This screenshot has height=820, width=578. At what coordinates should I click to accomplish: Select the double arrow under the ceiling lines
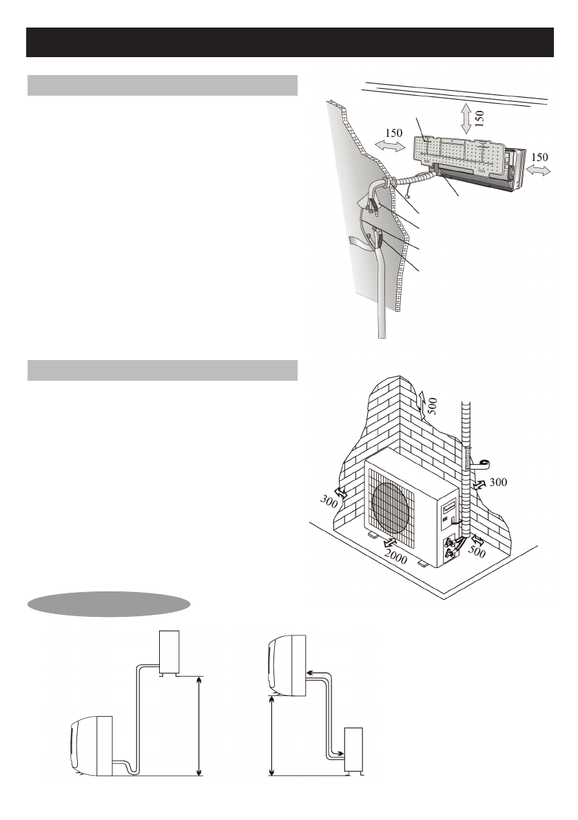tap(466, 118)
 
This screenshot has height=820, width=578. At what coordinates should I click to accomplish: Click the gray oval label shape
tap(108, 603)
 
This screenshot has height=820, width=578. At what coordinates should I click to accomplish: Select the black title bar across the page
tap(289, 43)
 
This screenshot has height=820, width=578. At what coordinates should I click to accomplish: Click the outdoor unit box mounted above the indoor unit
tap(169, 651)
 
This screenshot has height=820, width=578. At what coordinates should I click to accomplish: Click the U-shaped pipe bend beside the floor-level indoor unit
tap(126, 765)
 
